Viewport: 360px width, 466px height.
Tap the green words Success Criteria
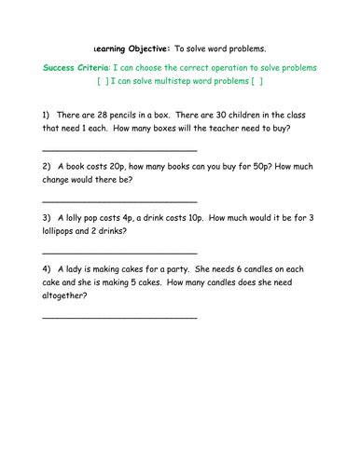(76, 68)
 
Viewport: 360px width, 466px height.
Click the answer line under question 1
(119, 149)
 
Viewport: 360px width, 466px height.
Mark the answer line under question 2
(119, 200)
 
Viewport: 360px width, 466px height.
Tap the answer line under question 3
(119, 253)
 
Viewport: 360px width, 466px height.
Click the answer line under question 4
(119, 318)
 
